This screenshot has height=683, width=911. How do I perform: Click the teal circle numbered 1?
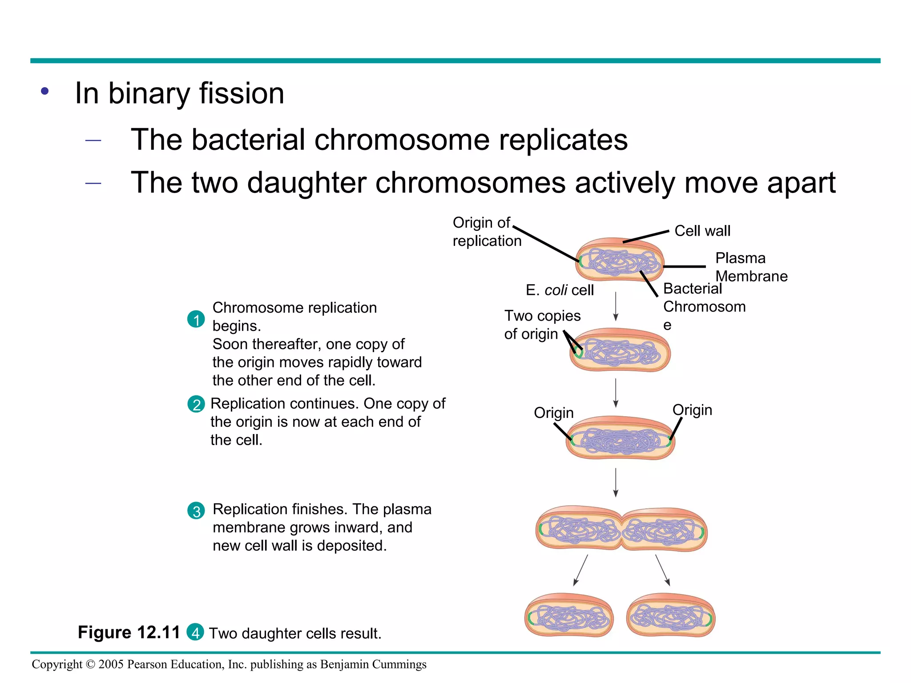click(196, 319)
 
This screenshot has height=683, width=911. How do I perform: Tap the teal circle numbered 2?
click(196, 404)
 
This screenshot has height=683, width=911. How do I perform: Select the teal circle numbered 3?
click(196, 511)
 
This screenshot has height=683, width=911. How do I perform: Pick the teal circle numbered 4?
click(195, 632)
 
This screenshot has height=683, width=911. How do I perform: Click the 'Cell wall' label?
click(702, 231)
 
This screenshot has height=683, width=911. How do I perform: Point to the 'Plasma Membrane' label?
click(751, 267)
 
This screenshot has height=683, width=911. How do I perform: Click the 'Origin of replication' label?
click(486, 232)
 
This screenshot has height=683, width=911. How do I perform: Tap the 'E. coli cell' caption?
click(559, 290)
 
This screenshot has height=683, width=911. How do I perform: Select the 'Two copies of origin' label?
click(541, 325)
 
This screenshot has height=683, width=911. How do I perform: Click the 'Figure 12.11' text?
click(129, 632)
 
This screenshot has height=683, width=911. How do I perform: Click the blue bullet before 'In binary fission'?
click(44, 91)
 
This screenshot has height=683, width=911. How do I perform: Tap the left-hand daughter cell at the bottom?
click(569, 615)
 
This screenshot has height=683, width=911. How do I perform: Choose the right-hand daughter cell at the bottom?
click(670, 615)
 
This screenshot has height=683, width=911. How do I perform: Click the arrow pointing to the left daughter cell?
click(580, 570)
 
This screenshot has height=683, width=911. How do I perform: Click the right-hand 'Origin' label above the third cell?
click(692, 410)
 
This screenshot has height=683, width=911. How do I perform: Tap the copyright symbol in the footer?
click(90, 664)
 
